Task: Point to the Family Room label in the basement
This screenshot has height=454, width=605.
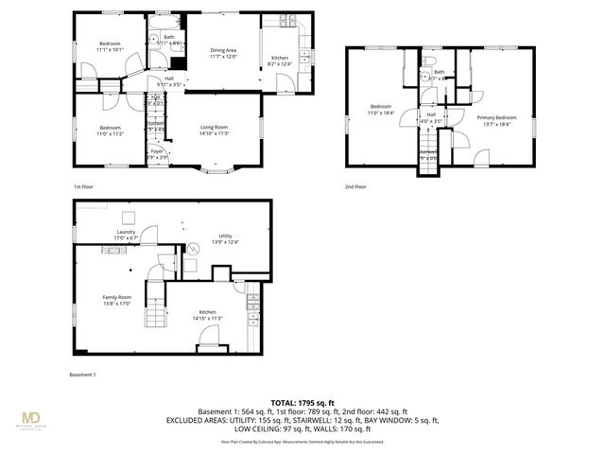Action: [117, 301]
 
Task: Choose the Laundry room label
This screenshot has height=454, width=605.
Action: [126, 234]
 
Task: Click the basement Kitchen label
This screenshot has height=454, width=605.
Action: [207, 315]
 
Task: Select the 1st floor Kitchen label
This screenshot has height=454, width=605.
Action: [280, 61]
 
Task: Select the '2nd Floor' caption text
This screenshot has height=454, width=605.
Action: [355, 186]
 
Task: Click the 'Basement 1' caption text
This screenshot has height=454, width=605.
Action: [83, 375]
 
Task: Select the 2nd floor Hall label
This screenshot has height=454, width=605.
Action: [430, 116]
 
